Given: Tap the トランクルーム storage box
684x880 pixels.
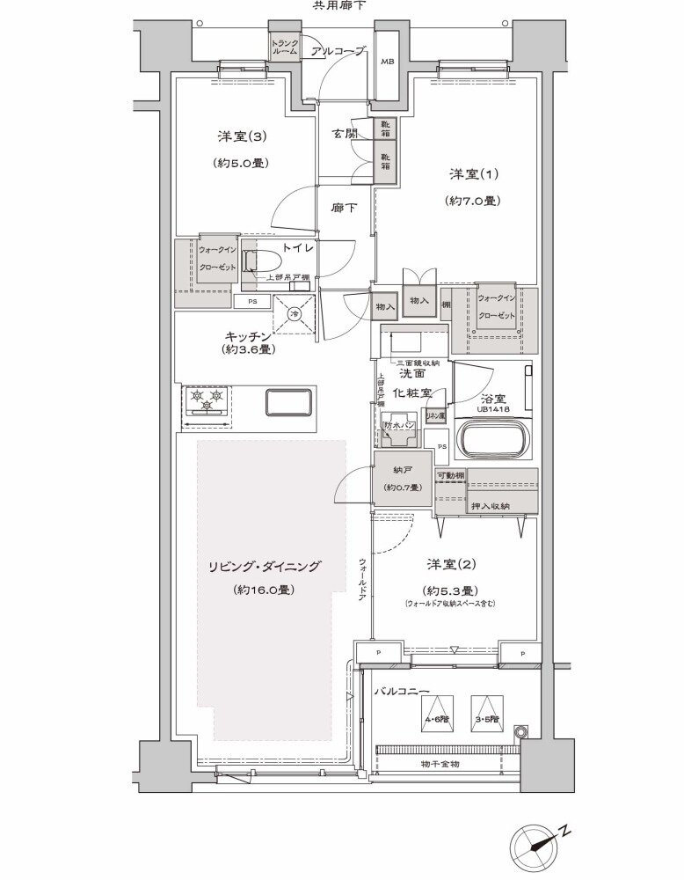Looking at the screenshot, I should coord(285,48).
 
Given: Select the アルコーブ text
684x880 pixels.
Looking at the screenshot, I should coord(338,52).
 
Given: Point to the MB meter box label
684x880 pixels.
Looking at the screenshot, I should coord(388,62).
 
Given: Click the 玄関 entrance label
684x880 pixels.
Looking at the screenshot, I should coord(344,134).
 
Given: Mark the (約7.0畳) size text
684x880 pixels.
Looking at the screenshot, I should coord(472,200).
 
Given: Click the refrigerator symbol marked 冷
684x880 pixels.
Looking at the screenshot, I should coord(295,313).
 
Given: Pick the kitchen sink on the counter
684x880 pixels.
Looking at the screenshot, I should coord(289,401).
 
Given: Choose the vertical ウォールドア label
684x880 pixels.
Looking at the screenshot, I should coord(362,580).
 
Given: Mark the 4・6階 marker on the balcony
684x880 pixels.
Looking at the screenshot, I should coord(437,709).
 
